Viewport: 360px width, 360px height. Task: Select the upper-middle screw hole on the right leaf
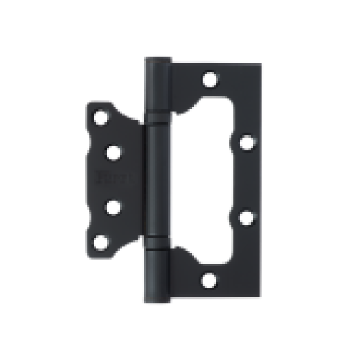(246, 142)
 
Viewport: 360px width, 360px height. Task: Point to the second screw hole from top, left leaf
(114, 151)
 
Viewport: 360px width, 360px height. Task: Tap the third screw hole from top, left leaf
(114, 206)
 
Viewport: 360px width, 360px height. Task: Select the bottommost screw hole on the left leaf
(101, 242)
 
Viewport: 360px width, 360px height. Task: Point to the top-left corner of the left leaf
(88, 103)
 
